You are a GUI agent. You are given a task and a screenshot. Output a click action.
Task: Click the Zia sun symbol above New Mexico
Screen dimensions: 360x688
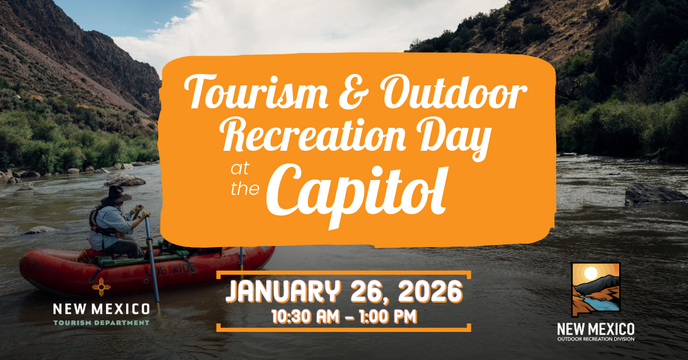[x=101, y=287]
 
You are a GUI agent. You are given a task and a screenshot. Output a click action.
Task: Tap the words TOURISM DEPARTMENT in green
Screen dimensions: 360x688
[x=101, y=323]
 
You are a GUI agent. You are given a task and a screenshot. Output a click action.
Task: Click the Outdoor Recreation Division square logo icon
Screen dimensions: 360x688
[x=596, y=289]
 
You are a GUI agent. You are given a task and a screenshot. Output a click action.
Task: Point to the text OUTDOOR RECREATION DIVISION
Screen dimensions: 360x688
[x=596, y=339]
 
